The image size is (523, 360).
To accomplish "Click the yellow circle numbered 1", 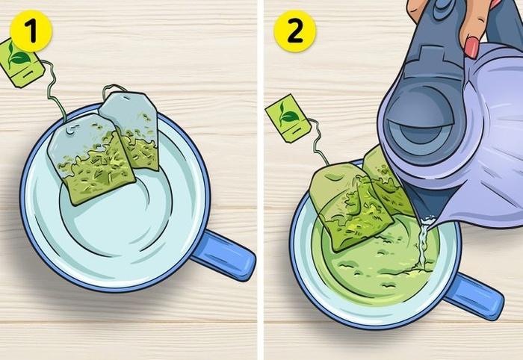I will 31,31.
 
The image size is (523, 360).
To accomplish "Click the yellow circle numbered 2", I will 294,31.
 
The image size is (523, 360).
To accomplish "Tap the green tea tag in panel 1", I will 20,61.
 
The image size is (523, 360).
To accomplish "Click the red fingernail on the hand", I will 472,49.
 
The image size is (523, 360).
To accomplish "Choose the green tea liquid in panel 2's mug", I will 374,269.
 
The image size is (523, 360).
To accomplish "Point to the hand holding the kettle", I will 456,22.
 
